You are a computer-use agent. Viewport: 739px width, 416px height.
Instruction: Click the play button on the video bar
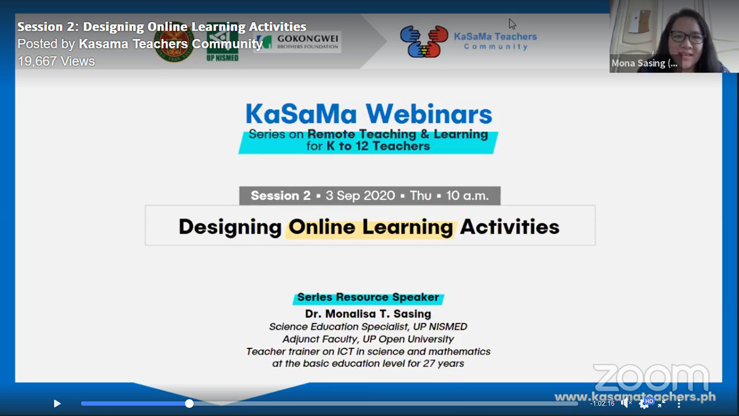[57, 403]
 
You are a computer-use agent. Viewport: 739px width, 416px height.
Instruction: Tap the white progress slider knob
[189, 403]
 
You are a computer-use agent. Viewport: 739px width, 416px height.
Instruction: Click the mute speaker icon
[626, 403]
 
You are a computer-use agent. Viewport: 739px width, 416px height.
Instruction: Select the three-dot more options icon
[678, 403]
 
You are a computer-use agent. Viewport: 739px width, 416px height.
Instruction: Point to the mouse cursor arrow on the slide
[512, 24]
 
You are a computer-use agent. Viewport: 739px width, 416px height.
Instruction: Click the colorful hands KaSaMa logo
[424, 42]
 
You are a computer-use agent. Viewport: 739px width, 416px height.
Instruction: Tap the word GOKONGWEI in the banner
[308, 39]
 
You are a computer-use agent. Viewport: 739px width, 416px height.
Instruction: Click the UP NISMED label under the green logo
[222, 58]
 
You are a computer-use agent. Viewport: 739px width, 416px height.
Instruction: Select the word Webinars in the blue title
[429, 114]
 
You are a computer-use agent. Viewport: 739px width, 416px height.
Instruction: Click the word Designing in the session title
[230, 227]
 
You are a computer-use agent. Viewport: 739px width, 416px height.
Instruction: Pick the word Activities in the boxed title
[510, 227]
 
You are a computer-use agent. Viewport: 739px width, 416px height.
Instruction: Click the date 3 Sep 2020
[360, 196]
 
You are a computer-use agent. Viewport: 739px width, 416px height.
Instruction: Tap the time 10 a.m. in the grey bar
[467, 196]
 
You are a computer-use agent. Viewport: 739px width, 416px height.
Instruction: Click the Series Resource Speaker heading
[368, 298]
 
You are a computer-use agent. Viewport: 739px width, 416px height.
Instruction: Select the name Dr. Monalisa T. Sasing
[368, 314]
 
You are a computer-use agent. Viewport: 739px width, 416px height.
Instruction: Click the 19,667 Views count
[56, 61]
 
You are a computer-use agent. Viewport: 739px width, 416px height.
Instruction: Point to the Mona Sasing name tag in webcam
[644, 63]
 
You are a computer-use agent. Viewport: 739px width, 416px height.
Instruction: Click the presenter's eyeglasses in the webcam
[686, 37]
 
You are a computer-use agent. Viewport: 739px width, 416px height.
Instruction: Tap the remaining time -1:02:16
[602, 403]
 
